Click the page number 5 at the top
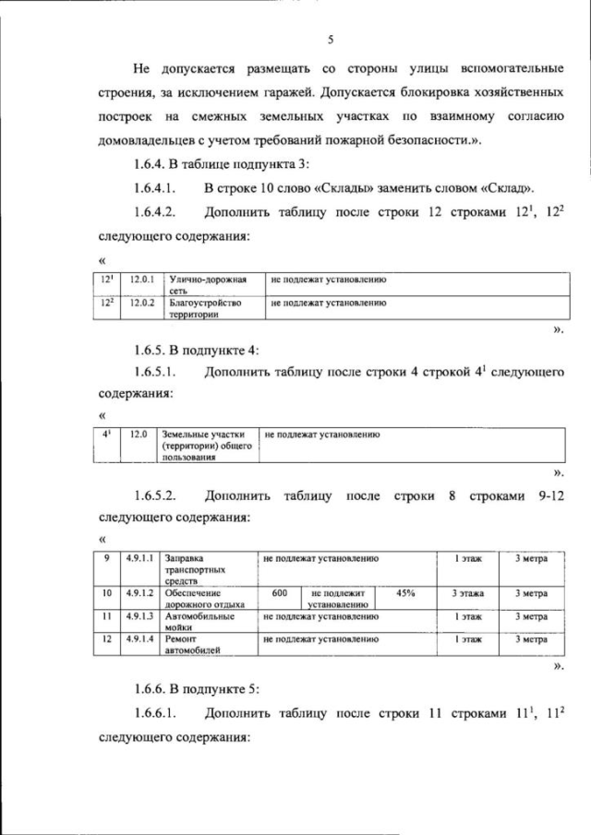pos(329,40)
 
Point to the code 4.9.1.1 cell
pos(140,559)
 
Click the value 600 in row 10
pos(281,593)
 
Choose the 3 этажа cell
pos(468,593)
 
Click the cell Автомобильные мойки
pos(206,620)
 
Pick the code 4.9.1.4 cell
pos(140,638)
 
